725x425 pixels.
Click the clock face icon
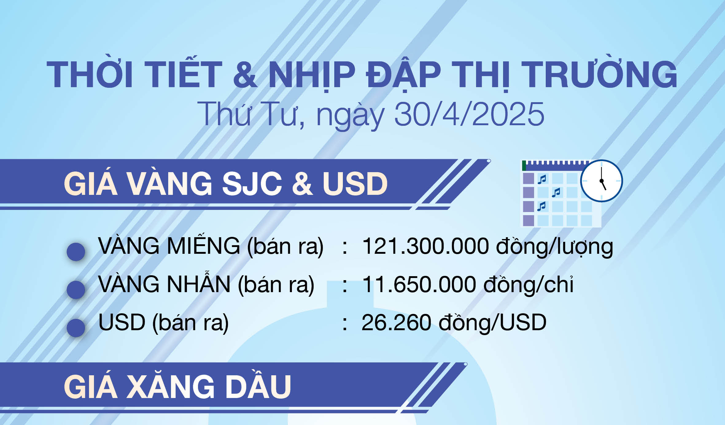click(x=601, y=181)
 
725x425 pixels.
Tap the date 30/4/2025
click(x=469, y=114)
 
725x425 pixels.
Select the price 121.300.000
click(x=425, y=246)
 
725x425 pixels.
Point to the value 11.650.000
click(x=419, y=284)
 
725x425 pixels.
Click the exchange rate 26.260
click(x=396, y=323)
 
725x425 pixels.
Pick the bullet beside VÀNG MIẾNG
click(x=76, y=252)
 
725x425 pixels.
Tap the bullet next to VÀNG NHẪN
click(x=76, y=290)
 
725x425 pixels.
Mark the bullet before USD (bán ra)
click(x=76, y=328)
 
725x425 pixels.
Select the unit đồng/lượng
click(x=554, y=247)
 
